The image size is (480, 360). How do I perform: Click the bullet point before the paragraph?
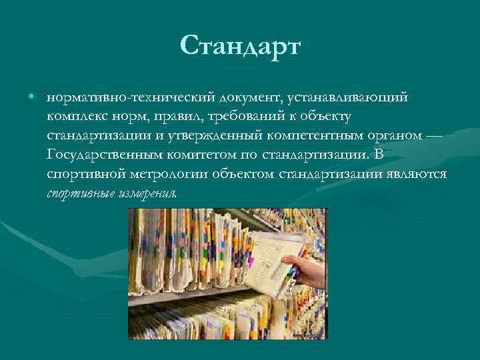click(31, 97)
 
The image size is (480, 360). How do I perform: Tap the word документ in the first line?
click(248, 98)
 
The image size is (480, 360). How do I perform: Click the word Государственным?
click(106, 156)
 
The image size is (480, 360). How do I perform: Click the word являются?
click(419, 175)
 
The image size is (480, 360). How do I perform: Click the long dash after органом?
click(433, 137)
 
